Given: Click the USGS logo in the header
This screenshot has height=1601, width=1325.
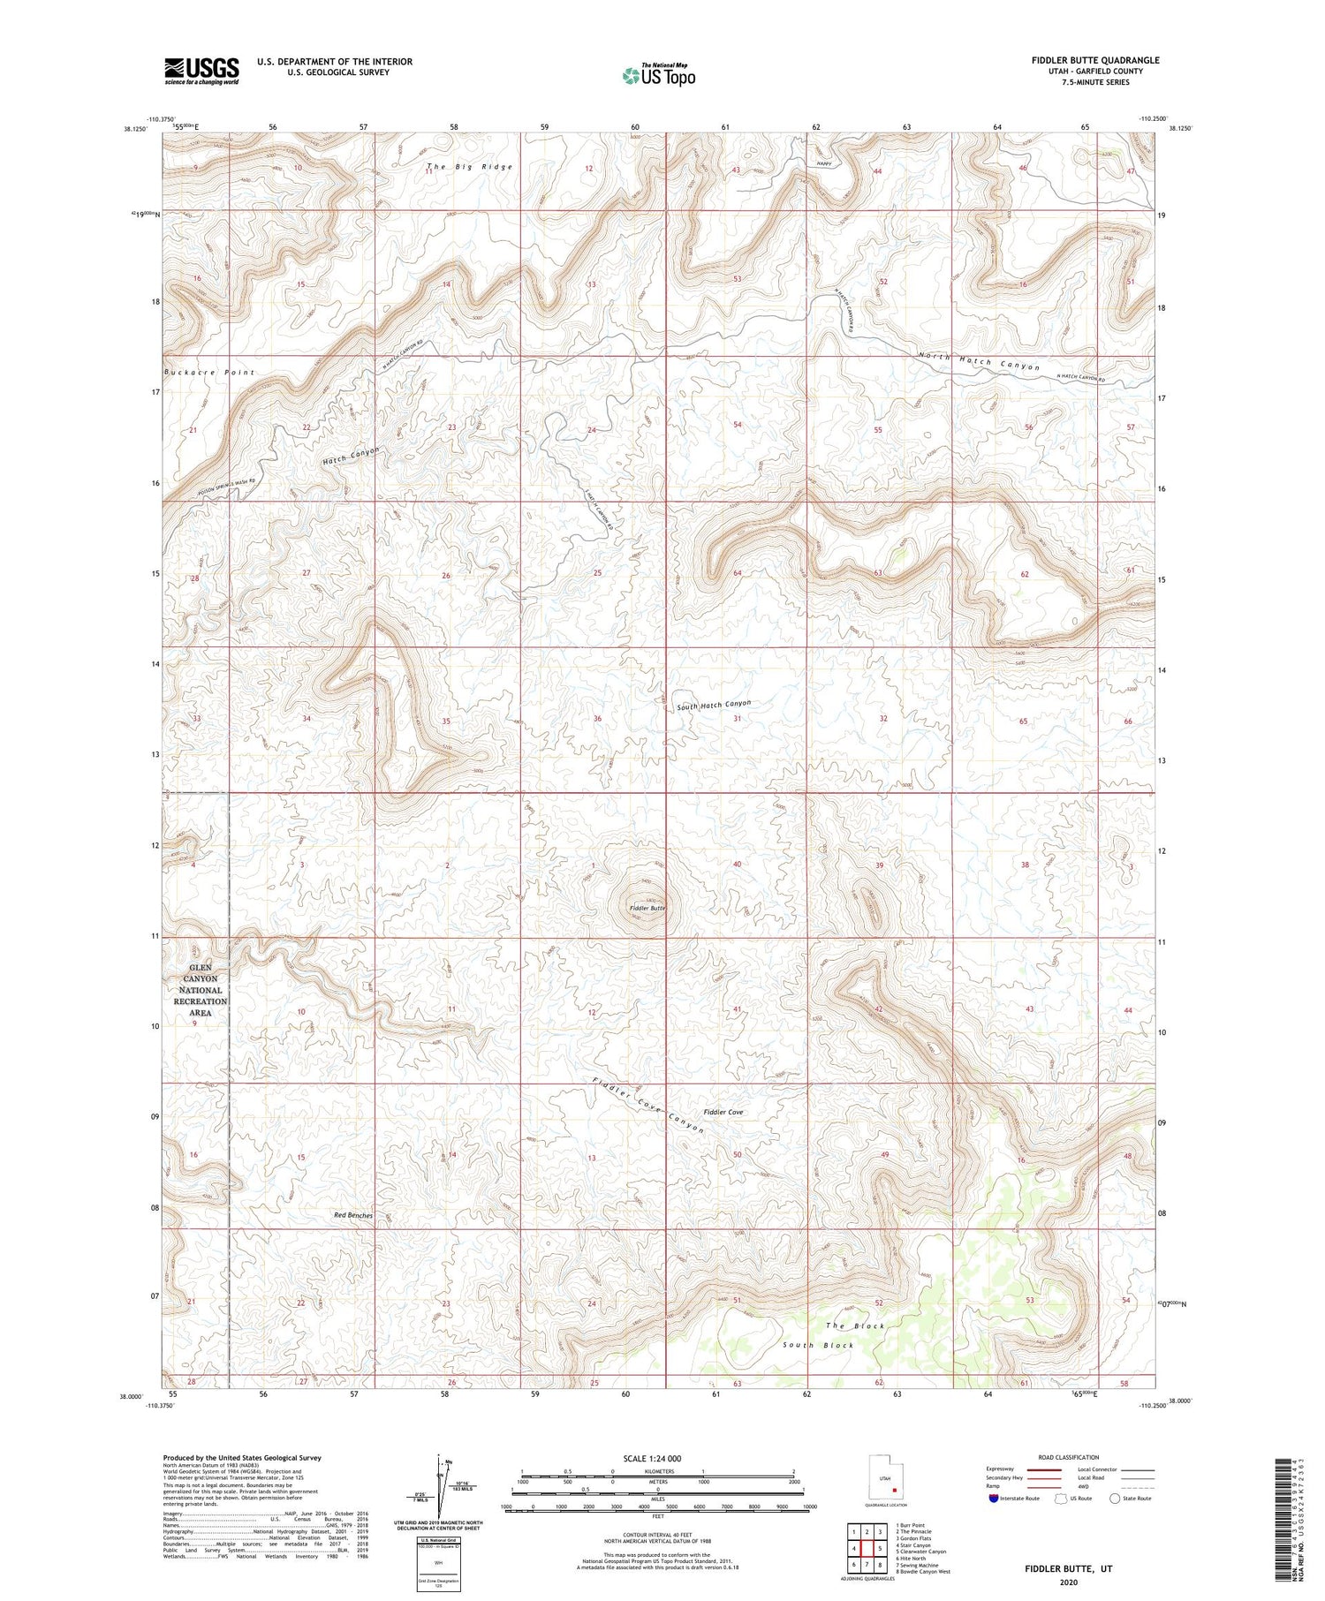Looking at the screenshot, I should coord(201,71).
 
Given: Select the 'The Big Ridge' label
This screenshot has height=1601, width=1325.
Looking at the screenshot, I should coord(469,167).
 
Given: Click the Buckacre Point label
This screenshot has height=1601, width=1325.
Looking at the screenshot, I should coord(208,373).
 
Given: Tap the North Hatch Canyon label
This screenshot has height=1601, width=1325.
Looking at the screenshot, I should coord(979,361).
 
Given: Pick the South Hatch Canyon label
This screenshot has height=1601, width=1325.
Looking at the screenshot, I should coord(714,705).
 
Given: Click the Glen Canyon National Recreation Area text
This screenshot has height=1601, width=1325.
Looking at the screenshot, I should coord(201,990).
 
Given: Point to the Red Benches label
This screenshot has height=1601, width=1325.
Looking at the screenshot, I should coord(353,1215).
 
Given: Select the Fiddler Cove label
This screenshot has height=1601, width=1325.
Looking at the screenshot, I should coord(723,1112).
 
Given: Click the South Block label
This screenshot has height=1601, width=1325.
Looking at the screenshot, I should coord(818,1345).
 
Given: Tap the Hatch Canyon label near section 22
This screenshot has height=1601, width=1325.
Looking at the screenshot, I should coord(351,456).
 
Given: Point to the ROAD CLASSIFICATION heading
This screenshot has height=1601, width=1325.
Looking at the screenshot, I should coord(1069,1457).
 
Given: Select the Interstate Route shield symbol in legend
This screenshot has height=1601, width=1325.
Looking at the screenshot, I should coord(994,1499).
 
